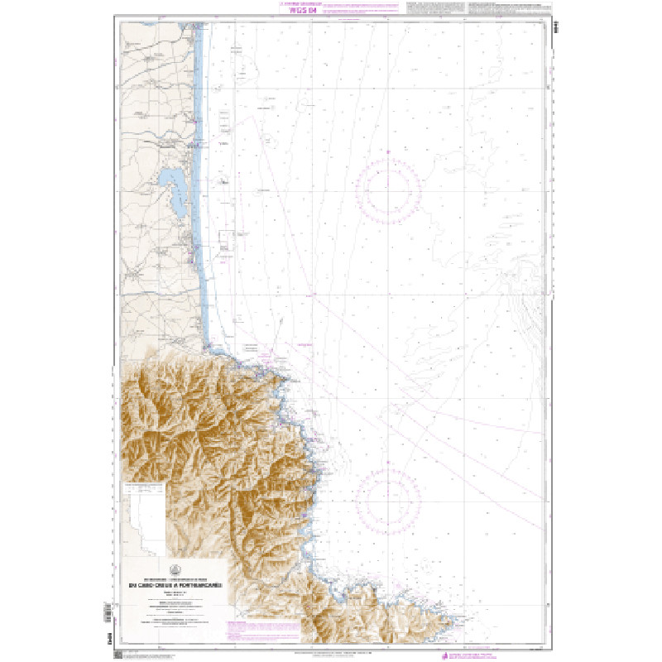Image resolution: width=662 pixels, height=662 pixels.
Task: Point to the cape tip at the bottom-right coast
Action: pos(458,617)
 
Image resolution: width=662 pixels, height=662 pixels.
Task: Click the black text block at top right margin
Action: pos(505,8)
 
